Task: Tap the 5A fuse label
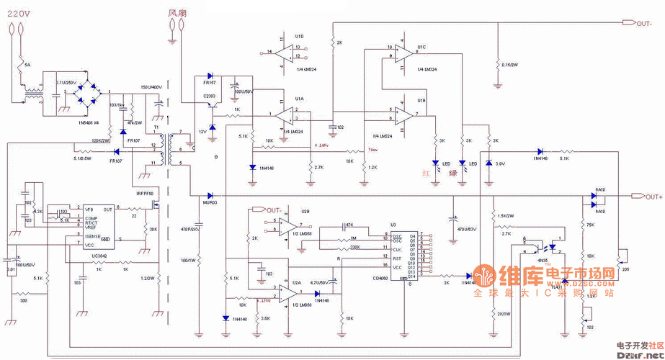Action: click(28, 66)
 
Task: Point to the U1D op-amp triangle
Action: click(285, 51)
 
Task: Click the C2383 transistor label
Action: click(210, 95)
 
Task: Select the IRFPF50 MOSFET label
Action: click(146, 194)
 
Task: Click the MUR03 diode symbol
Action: click(210, 195)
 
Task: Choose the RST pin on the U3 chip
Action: click(396, 257)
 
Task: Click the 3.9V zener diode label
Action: click(499, 164)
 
